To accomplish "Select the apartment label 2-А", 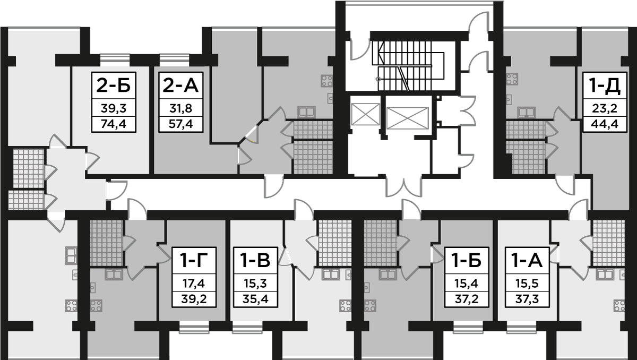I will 180,85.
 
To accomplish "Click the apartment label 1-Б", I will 466,261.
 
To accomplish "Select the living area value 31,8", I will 180,109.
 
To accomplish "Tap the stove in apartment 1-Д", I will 512,79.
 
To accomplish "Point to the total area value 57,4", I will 180,125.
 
